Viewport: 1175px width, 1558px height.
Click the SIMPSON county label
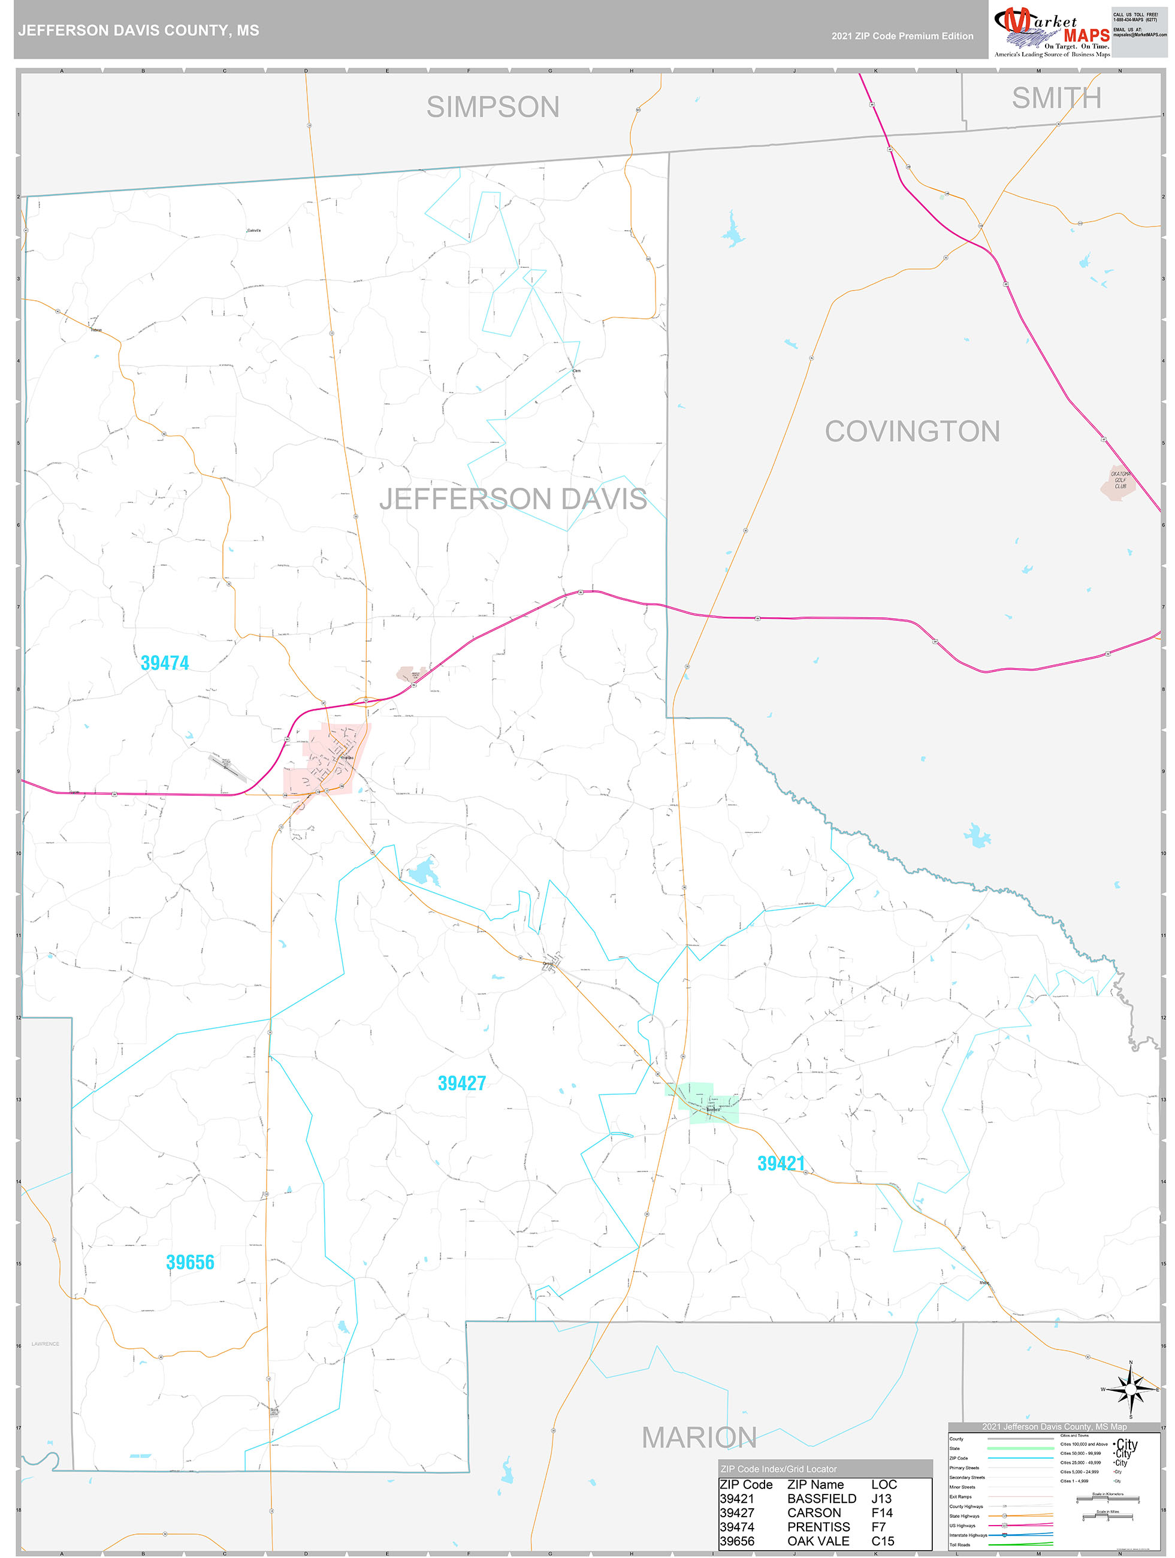493,107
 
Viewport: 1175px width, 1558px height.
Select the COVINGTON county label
911,431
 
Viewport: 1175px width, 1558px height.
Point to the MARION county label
699,1437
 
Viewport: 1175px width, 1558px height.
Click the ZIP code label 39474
165,663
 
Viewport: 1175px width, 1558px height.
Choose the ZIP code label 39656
190,1262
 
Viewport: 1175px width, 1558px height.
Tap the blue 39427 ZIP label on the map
461,1083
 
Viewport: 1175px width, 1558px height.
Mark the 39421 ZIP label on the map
781,1163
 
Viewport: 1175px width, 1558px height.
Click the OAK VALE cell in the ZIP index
818,1541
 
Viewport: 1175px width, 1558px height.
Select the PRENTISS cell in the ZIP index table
818,1527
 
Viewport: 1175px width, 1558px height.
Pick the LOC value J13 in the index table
881,1499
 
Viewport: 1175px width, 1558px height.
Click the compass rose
1131,1390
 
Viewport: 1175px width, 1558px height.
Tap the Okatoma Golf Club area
1119,481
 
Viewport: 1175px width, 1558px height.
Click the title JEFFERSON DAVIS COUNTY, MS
139,31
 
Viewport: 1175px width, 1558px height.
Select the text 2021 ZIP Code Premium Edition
902,36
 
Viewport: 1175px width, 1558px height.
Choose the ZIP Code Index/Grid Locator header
778,1469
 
